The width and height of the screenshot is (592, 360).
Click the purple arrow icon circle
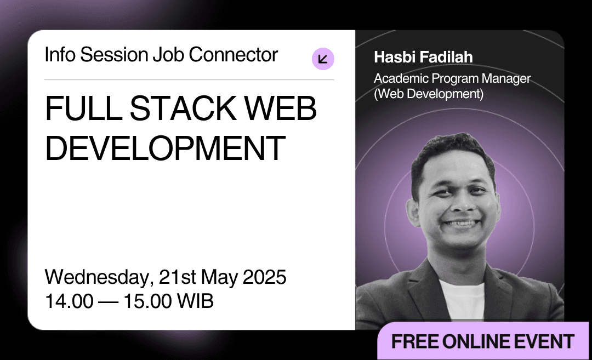(x=323, y=59)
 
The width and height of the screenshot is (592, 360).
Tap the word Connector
(x=234, y=55)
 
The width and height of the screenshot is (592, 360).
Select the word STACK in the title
(x=183, y=108)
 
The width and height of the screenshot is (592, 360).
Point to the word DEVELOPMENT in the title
(x=166, y=148)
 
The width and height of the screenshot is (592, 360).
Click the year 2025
(x=264, y=277)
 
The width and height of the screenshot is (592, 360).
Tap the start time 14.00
(x=69, y=301)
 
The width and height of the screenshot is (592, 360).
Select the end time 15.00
(x=147, y=301)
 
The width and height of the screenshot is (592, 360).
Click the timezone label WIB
(x=195, y=301)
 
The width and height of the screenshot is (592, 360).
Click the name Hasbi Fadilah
(x=423, y=58)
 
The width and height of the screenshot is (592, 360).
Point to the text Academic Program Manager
(x=452, y=78)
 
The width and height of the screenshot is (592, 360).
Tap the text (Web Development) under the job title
(x=429, y=94)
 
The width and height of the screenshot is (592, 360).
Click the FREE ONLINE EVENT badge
(x=483, y=341)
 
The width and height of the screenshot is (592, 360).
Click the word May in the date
(x=219, y=278)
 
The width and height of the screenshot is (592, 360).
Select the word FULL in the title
(x=83, y=108)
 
